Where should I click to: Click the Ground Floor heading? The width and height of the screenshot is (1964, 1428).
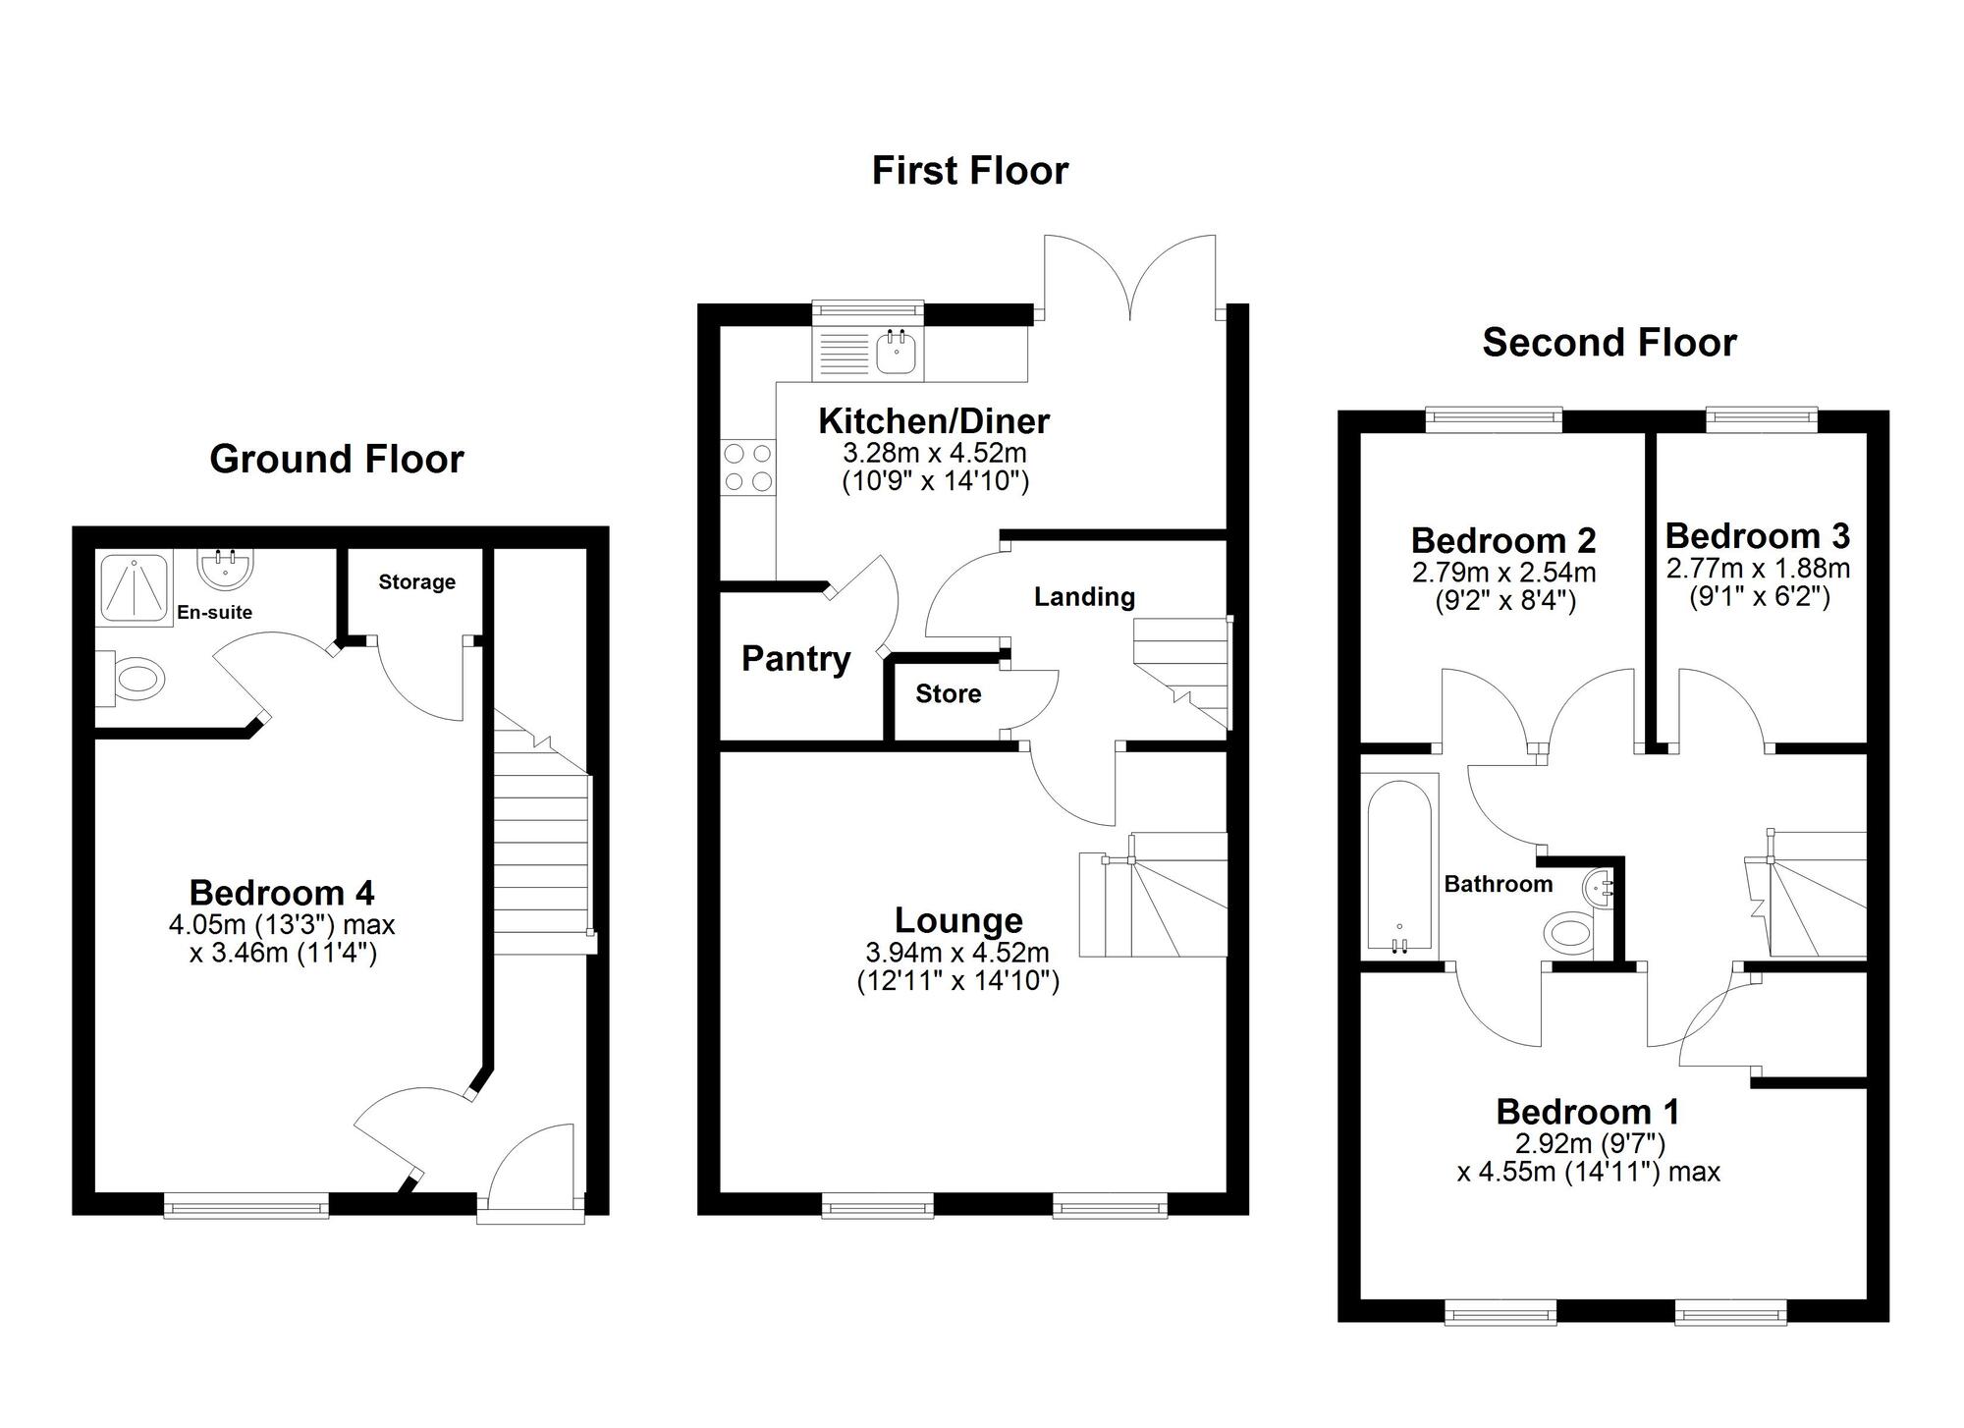(x=336, y=460)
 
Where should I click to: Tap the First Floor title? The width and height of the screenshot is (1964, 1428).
(x=969, y=171)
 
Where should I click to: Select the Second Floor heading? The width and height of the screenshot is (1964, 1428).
(x=1609, y=343)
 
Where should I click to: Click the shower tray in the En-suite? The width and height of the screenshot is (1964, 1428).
(x=135, y=586)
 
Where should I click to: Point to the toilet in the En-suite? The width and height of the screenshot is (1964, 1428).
(x=136, y=680)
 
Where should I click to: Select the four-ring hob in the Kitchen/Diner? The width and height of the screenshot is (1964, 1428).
(x=747, y=467)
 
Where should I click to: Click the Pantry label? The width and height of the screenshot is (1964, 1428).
(x=795, y=659)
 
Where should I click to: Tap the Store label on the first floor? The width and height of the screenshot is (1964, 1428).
(x=948, y=694)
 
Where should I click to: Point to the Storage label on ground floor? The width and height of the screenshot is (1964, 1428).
(x=416, y=582)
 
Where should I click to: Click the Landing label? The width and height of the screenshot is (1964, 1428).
(x=1084, y=597)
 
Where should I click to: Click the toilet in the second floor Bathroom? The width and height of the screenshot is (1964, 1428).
(x=1570, y=933)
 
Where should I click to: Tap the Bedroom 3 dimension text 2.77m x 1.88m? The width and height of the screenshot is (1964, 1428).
(x=1758, y=569)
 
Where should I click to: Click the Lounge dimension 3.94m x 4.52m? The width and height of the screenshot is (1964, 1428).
(x=957, y=953)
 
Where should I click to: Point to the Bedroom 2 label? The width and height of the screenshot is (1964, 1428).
(x=1502, y=540)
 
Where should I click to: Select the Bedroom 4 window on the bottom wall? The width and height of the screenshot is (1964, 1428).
(x=245, y=1204)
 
